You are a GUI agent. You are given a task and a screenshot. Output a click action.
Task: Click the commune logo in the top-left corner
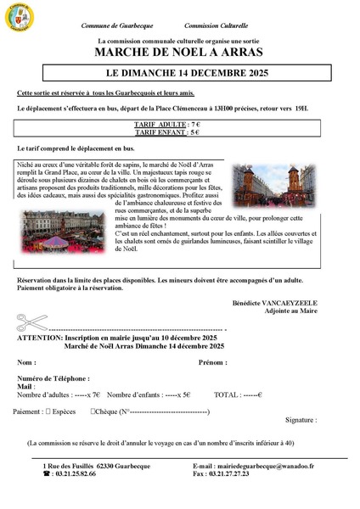coord(20,14)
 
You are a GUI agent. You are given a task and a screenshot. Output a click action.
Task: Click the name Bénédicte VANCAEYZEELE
coord(273,302)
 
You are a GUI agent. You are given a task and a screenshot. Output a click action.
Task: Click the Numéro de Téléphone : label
coord(53,378)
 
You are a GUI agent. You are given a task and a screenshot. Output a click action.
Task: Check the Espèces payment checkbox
coord(47,411)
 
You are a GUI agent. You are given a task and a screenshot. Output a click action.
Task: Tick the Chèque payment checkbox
coord(93,411)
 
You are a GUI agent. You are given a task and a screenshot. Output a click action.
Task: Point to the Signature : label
coord(301,420)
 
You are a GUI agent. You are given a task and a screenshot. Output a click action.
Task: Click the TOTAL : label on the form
coord(228,394)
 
